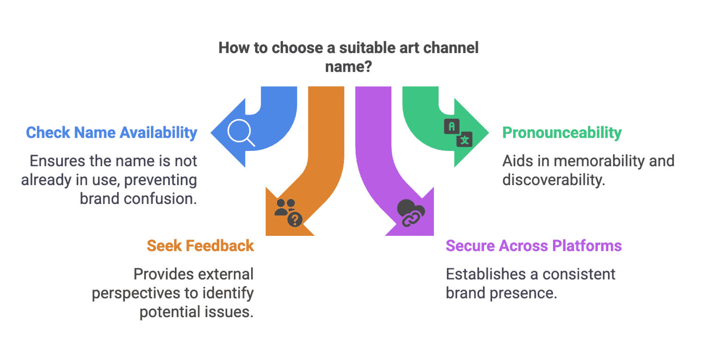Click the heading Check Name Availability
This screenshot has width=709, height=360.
pos(112,133)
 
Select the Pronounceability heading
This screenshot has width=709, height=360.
pos(562,133)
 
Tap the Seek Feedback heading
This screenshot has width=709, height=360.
pos(200,246)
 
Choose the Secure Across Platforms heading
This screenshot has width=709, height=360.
pos(534,246)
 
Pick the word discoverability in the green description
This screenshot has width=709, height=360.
pos(553,180)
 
